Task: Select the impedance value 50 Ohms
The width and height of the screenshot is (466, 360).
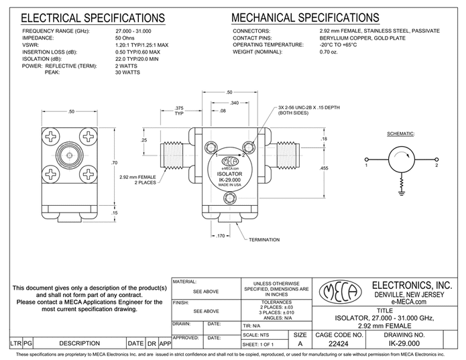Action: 127,38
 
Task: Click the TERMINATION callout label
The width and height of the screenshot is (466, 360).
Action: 266,239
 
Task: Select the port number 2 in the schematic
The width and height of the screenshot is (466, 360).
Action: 436,164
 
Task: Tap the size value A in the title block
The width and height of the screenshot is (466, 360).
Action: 301,344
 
